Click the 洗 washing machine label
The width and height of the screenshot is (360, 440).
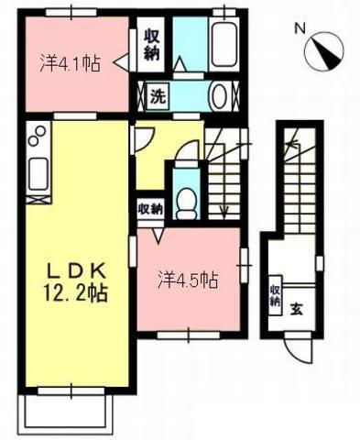[x=158, y=94]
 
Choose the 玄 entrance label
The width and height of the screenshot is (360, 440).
[x=297, y=308]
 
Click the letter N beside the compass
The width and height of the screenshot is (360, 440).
[x=298, y=28]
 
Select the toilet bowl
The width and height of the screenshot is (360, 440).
[x=186, y=199]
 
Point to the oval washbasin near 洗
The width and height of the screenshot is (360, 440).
[x=220, y=94]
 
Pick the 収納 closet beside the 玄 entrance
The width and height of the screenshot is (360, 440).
[x=274, y=296]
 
